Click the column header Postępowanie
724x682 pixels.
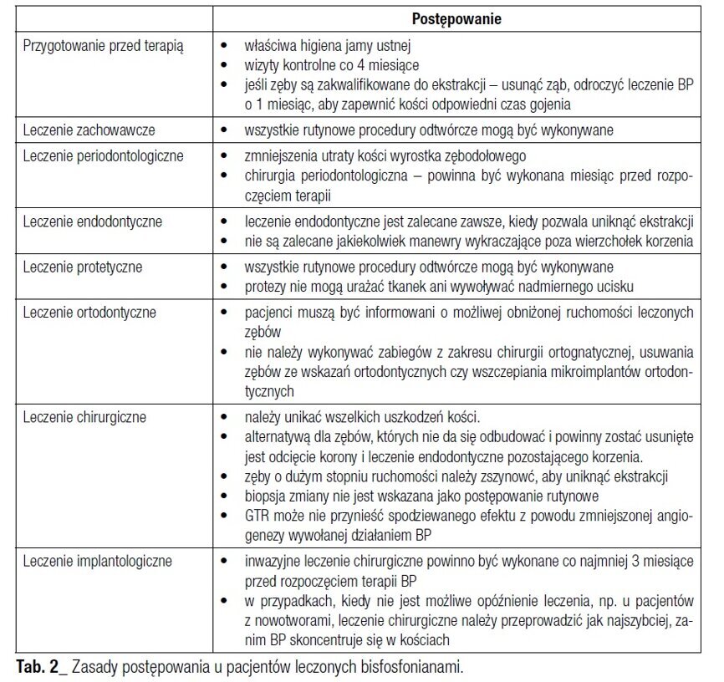click(456, 18)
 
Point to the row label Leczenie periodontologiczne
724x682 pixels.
click(103, 156)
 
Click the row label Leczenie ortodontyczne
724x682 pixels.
click(90, 313)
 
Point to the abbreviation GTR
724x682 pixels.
click(257, 517)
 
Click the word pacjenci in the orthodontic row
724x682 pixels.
click(268, 313)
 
